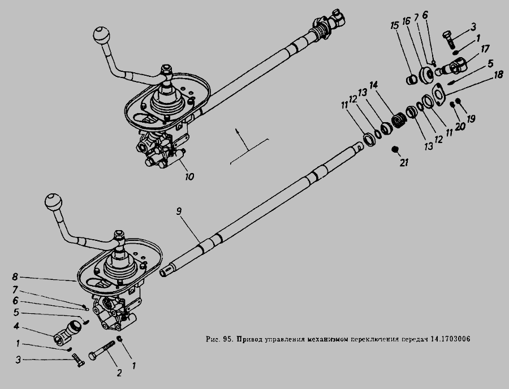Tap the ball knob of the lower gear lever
tap(53, 202)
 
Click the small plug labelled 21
tap(395, 149)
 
